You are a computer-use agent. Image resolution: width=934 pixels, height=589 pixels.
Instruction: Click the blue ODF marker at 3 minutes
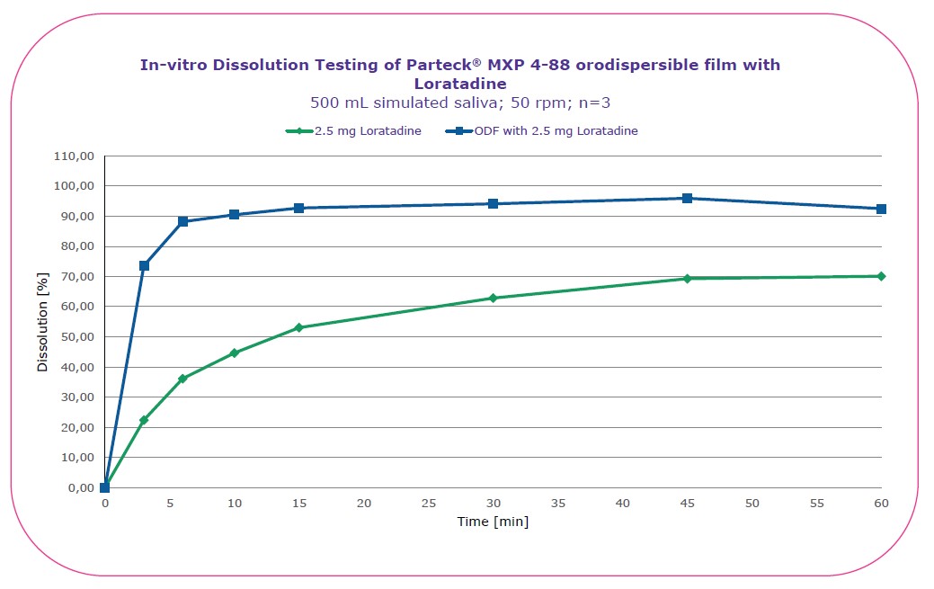click(x=144, y=265)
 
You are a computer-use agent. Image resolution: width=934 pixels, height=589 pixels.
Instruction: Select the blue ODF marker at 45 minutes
click(x=687, y=198)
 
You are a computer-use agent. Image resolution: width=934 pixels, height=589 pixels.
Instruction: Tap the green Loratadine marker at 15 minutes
click(x=298, y=327)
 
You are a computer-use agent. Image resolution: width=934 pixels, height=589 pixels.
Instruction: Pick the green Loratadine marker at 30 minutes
click(x=493, y=298)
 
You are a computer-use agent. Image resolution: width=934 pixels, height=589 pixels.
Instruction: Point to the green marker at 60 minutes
click(x=881, y=276)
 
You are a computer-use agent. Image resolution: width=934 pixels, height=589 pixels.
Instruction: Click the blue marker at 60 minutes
click(x=881, y=209)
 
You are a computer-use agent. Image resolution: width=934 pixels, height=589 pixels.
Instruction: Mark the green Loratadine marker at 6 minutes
click(x=182, y=379)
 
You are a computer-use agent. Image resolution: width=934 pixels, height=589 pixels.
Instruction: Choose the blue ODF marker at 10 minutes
click(x=234, y=214)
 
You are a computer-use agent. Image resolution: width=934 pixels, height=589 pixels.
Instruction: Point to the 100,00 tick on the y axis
click(x=77, y=186)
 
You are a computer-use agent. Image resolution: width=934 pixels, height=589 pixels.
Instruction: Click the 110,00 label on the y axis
click(x=77, y=156)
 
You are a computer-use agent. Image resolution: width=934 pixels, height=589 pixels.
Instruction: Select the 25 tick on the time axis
click(x=428, y=504)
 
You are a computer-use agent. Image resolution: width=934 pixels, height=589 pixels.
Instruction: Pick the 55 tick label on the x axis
click(x=816, y=504)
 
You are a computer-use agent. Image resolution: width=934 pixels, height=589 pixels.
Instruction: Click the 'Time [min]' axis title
click(x=492, y=522)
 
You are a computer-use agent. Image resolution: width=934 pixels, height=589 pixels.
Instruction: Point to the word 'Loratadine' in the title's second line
click(x=460, y=84)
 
